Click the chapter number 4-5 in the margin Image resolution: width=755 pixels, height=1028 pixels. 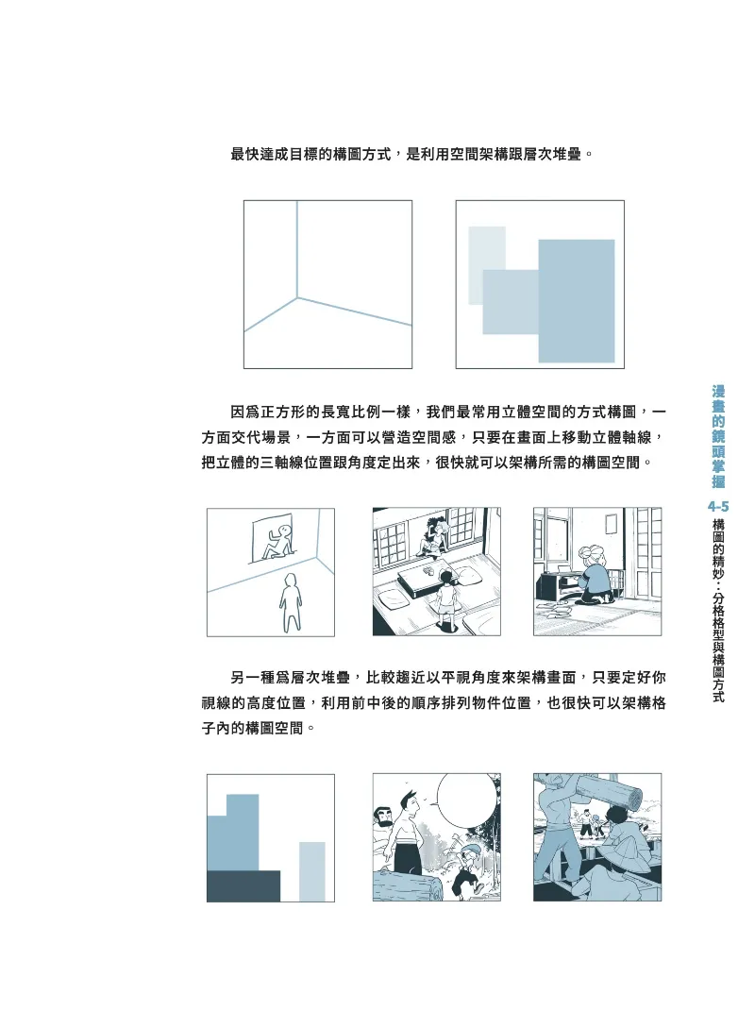[x=718, y=506]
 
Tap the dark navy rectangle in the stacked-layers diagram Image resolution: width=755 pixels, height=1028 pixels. [x=243, y=885]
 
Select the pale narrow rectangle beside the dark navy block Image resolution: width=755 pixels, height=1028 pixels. [x=312, y=871]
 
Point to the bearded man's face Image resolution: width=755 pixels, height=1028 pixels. [x=383, y=819]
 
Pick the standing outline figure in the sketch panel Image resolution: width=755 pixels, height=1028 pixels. [x=290, y=602]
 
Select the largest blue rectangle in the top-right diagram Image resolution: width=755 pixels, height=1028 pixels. [x=577, y=301]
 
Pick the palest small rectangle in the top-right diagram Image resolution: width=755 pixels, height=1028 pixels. [x=487, y=265]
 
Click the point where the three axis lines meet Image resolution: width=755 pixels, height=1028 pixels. [x=297, y=298]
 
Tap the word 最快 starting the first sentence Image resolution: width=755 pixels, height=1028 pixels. [x=244, y=155]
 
